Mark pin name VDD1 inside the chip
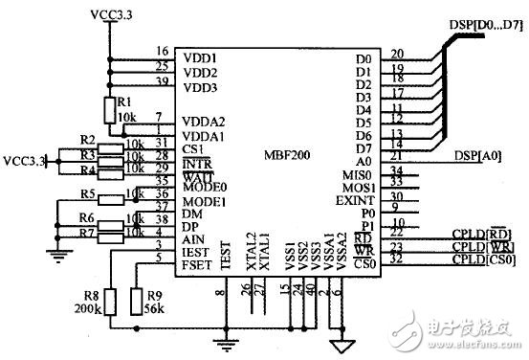200,57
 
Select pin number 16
161,51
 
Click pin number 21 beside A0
397,154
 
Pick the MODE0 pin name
204,187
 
